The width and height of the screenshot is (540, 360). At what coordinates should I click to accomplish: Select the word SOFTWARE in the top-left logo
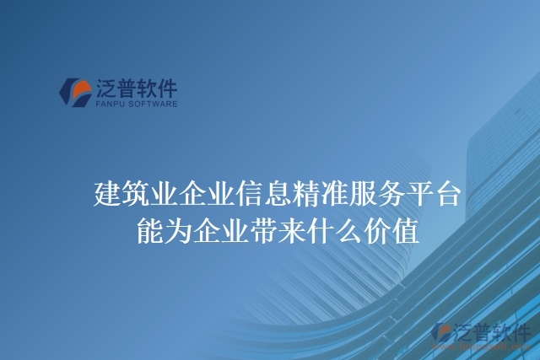[154, 105]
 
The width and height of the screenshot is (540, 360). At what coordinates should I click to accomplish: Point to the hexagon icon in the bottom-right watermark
[442, 333]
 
